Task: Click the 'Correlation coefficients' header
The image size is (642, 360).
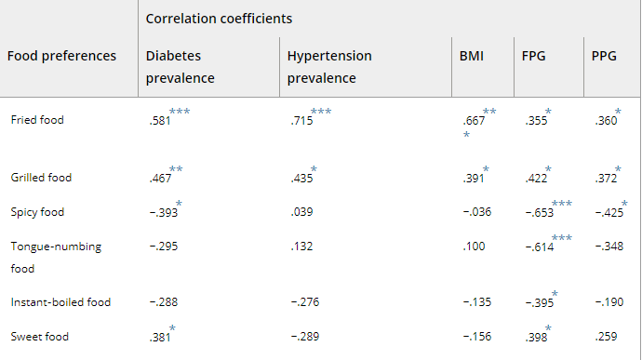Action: point(219,19)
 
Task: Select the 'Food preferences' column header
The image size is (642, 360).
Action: point(61,56)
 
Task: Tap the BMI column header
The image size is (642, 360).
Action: point(471,56)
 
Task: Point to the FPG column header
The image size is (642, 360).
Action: point(533,56)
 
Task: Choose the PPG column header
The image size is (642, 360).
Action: point(604,56)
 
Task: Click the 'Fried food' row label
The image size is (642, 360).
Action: point(37,120)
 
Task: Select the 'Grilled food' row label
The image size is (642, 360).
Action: point(41,178)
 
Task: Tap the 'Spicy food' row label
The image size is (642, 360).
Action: point(37,212)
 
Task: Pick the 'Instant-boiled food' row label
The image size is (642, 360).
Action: point(60,302)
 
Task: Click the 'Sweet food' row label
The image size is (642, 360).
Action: point(39,337)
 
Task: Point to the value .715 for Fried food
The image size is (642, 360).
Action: point(302,120)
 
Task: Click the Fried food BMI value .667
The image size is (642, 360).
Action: point(474,120)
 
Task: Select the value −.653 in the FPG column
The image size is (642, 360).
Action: point(540,213)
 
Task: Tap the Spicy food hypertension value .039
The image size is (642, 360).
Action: point(302,212)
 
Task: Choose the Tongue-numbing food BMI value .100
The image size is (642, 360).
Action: point(474,247)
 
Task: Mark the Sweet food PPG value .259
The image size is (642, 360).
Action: point(606,337)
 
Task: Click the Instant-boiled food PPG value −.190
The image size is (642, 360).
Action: point(609,302)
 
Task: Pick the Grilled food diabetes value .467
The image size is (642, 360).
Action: point(160,179)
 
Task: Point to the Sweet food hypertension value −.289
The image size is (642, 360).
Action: point(305,337)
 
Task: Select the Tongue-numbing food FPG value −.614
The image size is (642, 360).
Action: point(540,247)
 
